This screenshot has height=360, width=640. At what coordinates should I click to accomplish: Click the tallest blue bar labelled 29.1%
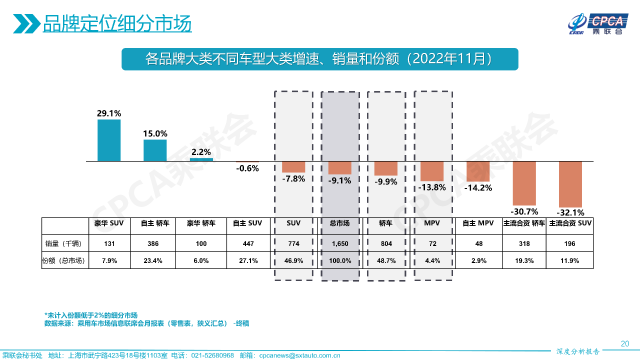(x=109, y=140)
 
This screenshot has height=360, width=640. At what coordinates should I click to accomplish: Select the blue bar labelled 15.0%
(x=155, y=150)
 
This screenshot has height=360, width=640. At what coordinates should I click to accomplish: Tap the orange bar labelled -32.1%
(x=570, y=184)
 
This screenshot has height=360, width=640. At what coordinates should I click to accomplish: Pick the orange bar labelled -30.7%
(x=524, y=183)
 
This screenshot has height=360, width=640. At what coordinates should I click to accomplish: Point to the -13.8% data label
(x=432, y=187)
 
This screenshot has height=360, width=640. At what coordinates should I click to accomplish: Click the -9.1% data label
(x=339, y=180)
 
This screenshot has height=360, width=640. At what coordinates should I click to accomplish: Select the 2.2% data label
(x=201, y=152)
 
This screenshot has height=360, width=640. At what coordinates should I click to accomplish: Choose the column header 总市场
(x=339, y=223)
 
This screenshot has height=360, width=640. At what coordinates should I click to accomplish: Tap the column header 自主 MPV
(x=478, y=223)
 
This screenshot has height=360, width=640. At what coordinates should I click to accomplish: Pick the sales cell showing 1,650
(x=339, y=244)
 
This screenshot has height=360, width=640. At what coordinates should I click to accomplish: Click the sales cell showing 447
(x=247, y=244)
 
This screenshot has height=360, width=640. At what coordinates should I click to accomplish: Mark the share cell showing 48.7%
(x=385, y=260)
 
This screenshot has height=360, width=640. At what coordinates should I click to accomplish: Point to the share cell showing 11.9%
(x=570, y=260)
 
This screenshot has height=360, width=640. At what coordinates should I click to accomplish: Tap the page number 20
(x=624, y=343)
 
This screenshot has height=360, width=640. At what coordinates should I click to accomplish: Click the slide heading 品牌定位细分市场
(x=117, y=23)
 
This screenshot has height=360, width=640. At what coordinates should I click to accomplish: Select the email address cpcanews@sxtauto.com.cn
(x=299, y=355)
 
